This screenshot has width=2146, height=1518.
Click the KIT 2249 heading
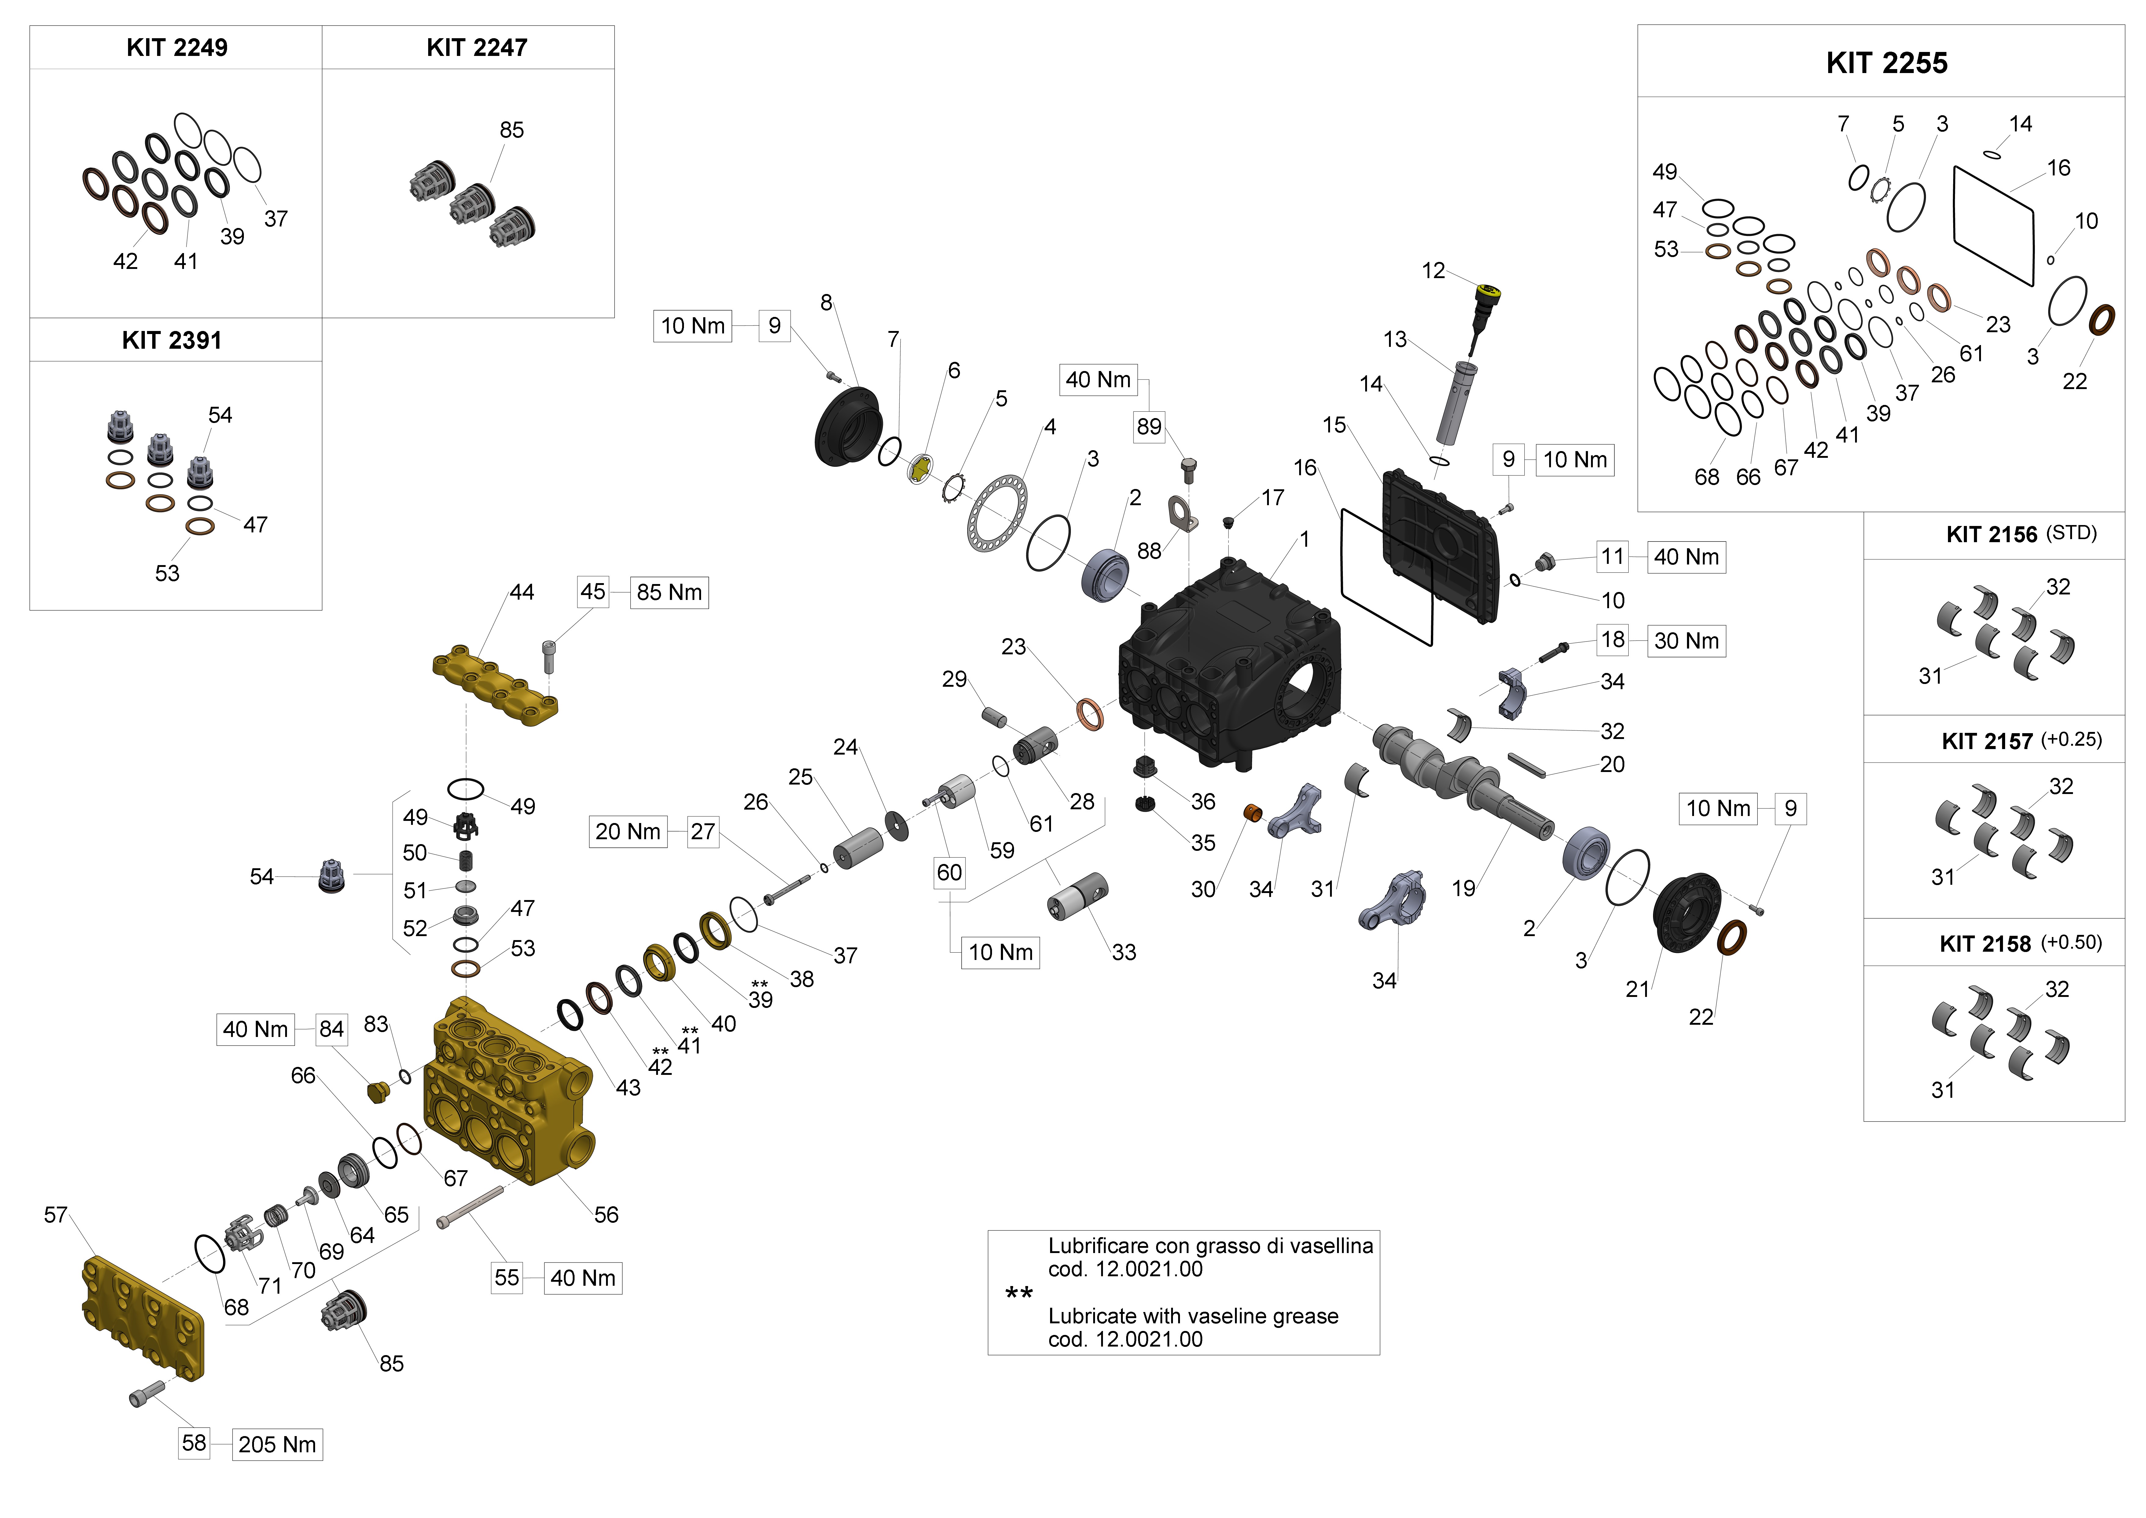177,48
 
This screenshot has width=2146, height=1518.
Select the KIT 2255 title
1886,63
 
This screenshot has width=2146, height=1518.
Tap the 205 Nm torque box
277,1444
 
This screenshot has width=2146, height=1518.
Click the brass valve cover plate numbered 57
142,1318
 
